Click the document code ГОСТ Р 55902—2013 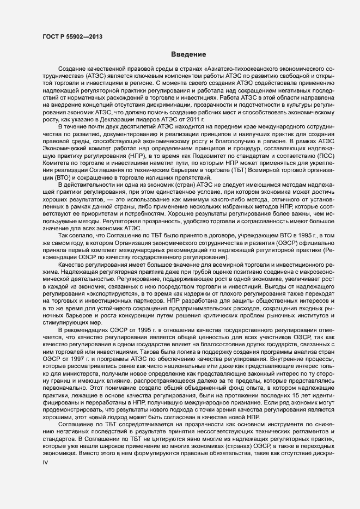[x=72, y=36]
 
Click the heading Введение [x=188, y=54]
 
